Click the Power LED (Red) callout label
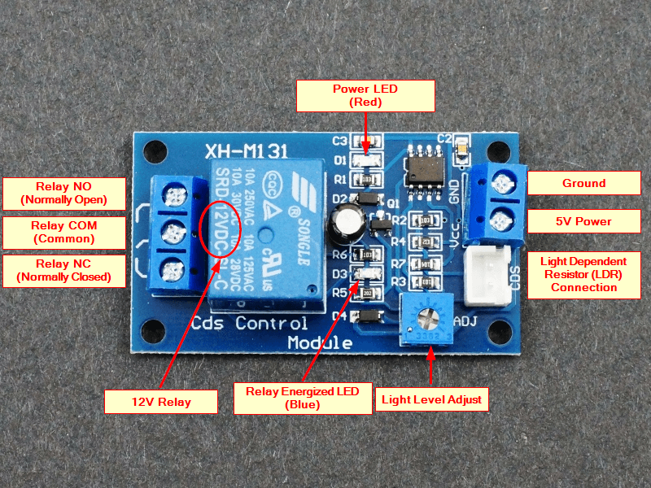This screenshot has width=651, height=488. pos(366,96)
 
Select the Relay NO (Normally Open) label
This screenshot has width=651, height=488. pos(64,193)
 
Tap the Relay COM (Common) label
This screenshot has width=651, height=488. pos(63,232)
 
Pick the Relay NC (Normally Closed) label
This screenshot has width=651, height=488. pos(64,271)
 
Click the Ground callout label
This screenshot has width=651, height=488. pos(583,183)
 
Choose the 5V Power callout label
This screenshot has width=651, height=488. pos(583,221)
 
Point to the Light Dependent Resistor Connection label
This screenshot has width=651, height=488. pos(583,274)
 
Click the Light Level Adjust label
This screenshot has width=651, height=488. pos(431,399)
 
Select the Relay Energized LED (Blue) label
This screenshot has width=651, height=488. pos(303,398)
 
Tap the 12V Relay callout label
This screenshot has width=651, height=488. pos(161,402)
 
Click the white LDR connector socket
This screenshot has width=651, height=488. pos(487,276)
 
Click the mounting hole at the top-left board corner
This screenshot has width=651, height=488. pos(152,151)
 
